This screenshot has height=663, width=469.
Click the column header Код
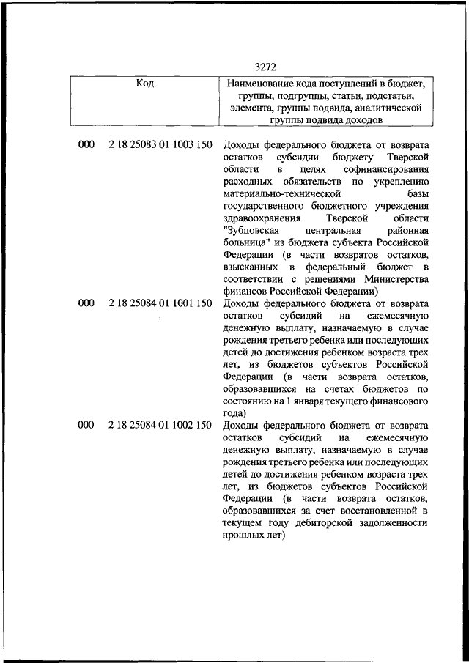144,83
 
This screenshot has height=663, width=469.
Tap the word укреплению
401,184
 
